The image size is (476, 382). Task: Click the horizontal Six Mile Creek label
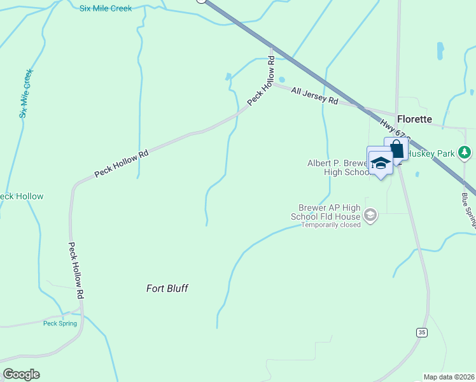click(x=106, y=8)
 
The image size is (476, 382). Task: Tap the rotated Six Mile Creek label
click(x=25, y=94)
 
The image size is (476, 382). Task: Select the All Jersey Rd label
click(x=314, y=96)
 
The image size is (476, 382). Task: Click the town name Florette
click(x=414, y=119)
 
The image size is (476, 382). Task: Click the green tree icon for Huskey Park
click(x=465, y=152)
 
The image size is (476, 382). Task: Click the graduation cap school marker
click(x=381, y=163)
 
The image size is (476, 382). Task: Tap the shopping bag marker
click(x=396, y=150)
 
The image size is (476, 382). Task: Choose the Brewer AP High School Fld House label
click(x=330, y=212)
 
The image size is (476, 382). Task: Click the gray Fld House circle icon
click(x=371, y=216)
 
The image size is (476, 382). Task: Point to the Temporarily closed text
click(x=331, y=225)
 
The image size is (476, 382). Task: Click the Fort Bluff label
click(x=167, y=288)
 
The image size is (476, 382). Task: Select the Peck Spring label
click(x=60, y=323)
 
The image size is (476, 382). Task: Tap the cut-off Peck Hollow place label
click(x=22, y=196)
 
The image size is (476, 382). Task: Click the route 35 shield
click(x=421, y=332)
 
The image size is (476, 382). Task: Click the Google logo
click(x=22, y=374)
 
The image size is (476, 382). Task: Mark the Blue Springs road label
click(x=470, y=211)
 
